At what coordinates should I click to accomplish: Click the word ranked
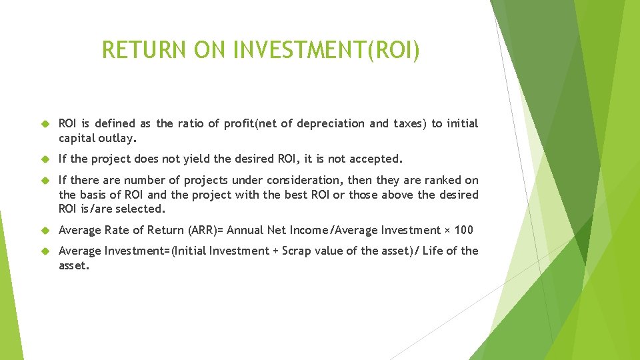(x=443, y=181)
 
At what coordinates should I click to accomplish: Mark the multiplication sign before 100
(x=447, y=231)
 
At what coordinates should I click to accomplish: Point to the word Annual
(x=246, y=230)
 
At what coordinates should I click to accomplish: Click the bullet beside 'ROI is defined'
(x=46, y=124)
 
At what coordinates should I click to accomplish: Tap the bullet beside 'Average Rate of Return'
(x=46, y=231)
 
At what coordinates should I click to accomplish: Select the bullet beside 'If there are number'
(x=46, y=181)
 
